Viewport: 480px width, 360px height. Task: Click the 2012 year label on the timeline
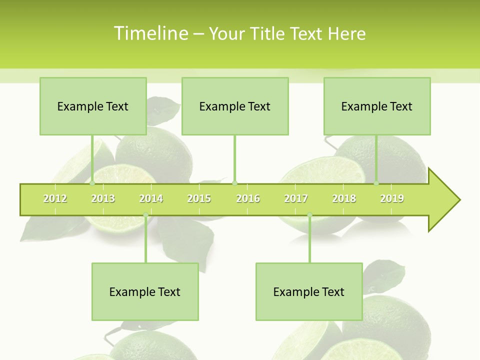click(55, 198)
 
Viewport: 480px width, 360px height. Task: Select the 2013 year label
click(103, 198)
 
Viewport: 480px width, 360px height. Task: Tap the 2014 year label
click(151, 198)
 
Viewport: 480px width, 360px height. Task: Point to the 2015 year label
click(199, 198)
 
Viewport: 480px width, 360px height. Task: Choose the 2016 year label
click(248, 198)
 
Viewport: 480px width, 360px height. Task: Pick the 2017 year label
click(296, 198)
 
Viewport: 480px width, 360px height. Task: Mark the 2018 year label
click(344, 198)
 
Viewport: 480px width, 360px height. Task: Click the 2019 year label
click(392, 198)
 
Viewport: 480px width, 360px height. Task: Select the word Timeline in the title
click(150, 33)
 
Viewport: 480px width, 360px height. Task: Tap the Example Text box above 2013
click(93, 106)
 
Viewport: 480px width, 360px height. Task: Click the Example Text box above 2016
click(235, 106)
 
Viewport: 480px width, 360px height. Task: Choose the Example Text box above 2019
click(377, 106)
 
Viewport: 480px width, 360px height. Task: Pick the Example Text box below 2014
click(145, 291)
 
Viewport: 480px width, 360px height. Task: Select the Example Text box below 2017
click(309, 291)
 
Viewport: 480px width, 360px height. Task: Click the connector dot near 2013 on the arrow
click(92, 183)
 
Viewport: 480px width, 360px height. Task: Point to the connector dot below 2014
click(145, 215)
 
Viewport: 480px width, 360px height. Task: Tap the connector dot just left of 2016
click(234, 183)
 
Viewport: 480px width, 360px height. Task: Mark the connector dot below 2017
click(309, 215)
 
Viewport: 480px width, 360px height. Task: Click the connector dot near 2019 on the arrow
click(376, 183)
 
